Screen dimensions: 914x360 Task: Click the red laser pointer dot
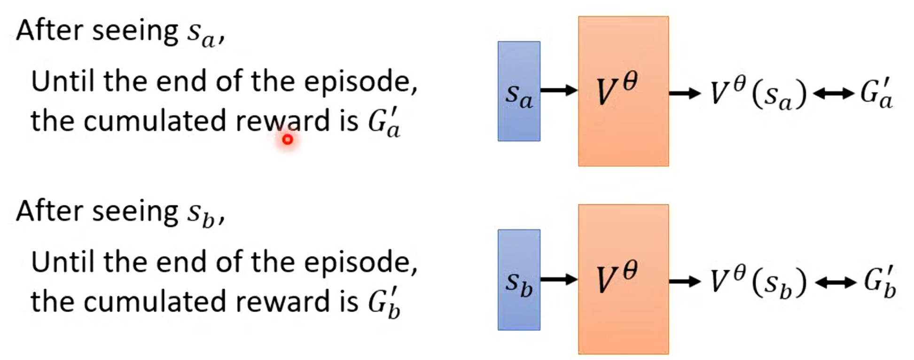coord(288,140)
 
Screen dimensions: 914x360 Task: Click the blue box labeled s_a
coord(519,91)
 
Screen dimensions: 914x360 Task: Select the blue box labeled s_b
coord(519,280)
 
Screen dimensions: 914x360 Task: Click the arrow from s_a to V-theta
coord(559,90)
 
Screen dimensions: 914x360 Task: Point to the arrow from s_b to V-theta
coord(559,280)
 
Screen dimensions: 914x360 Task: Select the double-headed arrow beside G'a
coord(833,94)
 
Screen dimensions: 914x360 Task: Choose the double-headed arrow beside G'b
coord(835,282)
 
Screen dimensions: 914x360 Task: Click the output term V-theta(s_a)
coord(758,93)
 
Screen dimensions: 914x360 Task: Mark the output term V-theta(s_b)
coord(758,282)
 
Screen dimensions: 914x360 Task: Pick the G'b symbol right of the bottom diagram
coord(879,283)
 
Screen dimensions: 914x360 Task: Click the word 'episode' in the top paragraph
coord(359,82)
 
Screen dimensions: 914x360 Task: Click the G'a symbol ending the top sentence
coord(383,123)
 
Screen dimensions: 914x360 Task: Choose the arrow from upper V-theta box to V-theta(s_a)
coord(685,93)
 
